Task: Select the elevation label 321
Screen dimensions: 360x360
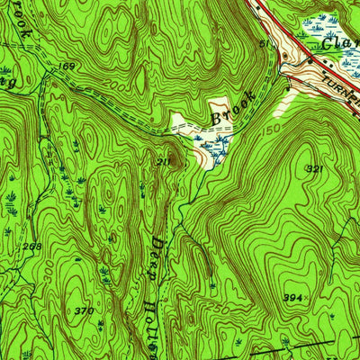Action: (x=313, y=168)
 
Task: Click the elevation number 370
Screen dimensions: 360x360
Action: (x=84, y=310)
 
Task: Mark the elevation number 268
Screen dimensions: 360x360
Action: (x=32, y=247)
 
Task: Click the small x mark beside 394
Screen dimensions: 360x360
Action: (x=307, y=295)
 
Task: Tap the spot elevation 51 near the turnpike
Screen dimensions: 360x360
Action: (x=264, y=41)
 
